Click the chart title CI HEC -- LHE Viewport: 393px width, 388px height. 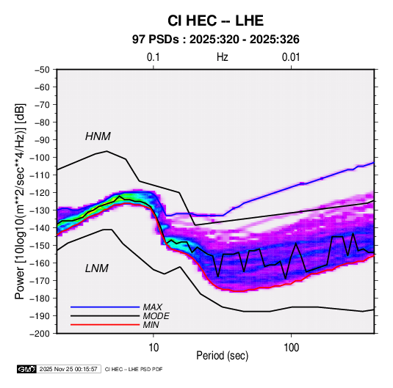pos(215,21)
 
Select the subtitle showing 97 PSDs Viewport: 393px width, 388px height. pos(215,40)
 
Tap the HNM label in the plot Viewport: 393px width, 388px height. pos(98,136)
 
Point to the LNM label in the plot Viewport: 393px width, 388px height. pos(97,268)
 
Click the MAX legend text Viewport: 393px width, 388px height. pos(152,307)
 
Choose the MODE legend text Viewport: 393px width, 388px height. pos(156,316)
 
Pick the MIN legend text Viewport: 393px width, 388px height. pos(151,325)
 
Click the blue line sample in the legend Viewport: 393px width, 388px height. pos(105,307)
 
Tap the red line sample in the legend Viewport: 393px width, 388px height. pos(105,325)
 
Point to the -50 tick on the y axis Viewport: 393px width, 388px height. pos(42,70)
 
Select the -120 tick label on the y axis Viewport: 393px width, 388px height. pos(40,193)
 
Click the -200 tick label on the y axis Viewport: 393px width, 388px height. pos(40,334)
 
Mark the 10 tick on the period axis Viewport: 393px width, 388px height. pos(154,348)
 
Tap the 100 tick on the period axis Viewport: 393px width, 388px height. pos(291,348)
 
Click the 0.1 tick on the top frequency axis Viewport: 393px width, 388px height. pos(153,57)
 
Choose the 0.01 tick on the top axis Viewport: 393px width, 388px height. pos(291,57)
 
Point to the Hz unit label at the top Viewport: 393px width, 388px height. pos(223,57)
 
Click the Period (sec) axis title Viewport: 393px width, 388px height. pos(223,356)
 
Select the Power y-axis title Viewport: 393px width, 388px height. pos(20,202)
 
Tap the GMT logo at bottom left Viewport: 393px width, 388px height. pos(27,369)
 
